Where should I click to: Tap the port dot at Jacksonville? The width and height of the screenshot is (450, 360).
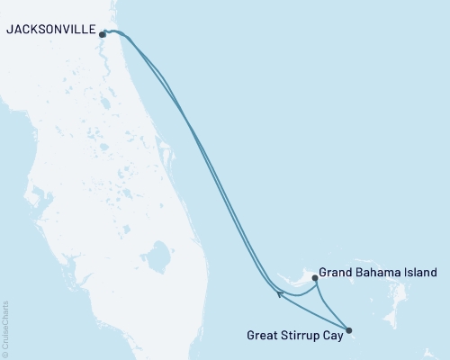pos(103,35)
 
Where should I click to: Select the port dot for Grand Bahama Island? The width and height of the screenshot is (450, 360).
pos(314,279)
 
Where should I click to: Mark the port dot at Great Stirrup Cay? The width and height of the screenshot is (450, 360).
pos(348,329)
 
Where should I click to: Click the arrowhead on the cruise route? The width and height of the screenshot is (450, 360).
pos(282,293)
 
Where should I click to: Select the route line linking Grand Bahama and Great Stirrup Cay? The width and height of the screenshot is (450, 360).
pos(328,307)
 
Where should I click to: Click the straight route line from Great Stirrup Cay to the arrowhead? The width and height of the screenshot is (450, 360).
pos(315,311)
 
